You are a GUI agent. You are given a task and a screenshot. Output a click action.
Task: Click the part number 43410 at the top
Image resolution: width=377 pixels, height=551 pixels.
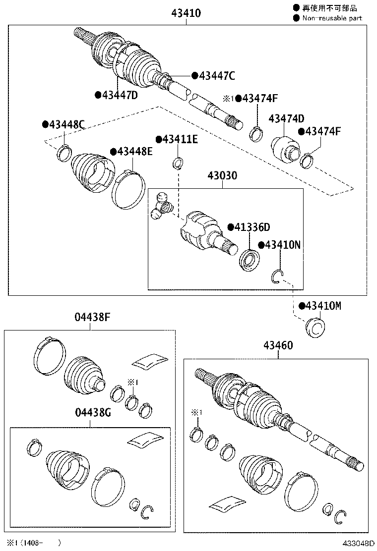(187, 13)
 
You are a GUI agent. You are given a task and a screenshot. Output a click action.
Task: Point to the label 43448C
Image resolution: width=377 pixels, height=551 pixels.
(66, 124)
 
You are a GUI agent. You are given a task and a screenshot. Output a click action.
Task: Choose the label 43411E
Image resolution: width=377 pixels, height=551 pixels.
(180, 139)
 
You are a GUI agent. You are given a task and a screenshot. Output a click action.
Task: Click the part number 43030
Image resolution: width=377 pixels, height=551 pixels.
(222, 176)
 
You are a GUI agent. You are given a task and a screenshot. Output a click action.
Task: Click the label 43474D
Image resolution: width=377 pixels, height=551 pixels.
(286, 118)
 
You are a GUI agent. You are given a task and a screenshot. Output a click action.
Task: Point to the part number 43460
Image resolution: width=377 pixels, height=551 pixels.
(278, 345)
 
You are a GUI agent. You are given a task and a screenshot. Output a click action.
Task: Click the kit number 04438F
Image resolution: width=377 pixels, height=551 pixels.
(92, 318)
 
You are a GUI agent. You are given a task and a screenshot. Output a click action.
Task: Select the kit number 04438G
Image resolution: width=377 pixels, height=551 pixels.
(92, 413)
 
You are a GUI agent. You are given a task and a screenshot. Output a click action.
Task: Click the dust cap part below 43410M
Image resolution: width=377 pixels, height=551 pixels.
(314, 328)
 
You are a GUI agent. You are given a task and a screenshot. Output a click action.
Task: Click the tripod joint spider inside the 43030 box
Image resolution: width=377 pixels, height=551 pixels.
(162, 206)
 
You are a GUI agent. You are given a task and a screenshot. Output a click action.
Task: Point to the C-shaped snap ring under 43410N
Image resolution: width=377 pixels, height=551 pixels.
(277, 276)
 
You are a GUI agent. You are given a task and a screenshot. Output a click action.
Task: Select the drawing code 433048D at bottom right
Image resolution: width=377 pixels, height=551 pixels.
(357, 544)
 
